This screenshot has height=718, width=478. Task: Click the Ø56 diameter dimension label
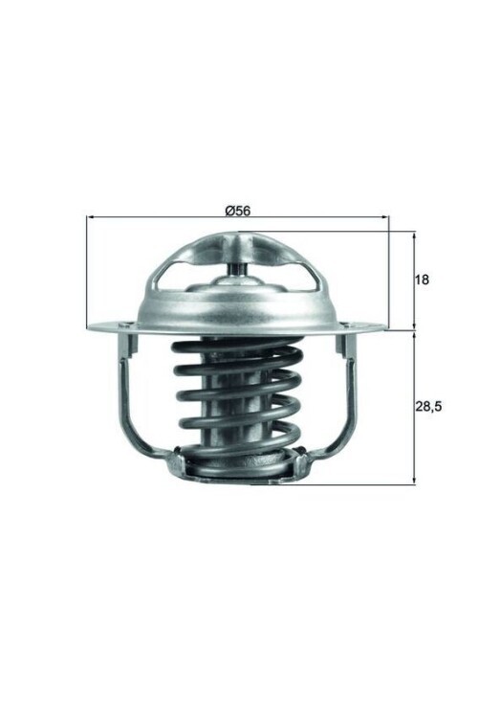tap(238, 211)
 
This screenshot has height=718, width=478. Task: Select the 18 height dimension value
tap(423, 280)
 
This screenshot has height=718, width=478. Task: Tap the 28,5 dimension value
tap(428, 406)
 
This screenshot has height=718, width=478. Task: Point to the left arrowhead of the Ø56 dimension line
tap(90, 218)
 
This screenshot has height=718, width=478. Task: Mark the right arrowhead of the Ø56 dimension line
tap(386, 218)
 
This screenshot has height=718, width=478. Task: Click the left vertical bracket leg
tap(124, 393)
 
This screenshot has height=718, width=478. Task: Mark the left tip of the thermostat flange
tap(89, 328)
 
